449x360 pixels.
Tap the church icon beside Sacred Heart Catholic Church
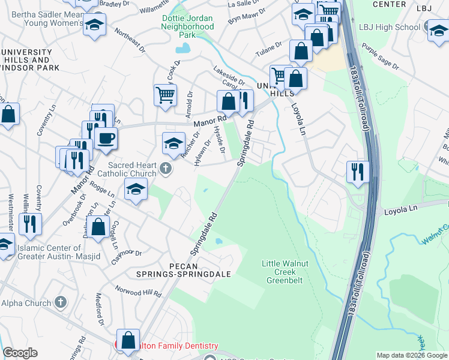[x=167, y=170]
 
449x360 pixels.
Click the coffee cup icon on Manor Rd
[x=106, y=138]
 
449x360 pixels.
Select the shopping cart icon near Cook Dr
[x=165, y=95]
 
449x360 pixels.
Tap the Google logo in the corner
[x=20, y=353]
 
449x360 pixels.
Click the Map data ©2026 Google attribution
[x=411, y=355]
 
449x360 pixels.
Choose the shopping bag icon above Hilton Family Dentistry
[x=128, y=340]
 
